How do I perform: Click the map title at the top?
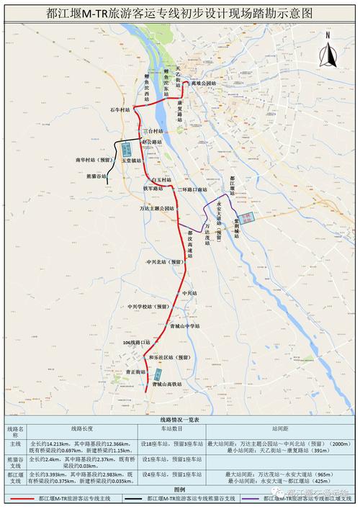(180, 13)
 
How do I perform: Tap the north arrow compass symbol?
(328, 50)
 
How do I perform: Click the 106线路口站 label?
(136, 342)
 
